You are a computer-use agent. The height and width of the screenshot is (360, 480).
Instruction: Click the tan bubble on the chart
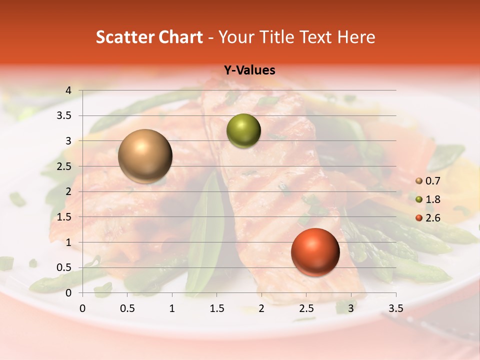click(145, 156)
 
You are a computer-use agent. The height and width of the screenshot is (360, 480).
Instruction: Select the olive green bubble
click(243, 131)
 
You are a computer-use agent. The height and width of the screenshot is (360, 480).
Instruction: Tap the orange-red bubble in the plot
click(315, 252)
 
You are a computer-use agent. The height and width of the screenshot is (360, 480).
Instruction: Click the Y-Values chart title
click(249, 70)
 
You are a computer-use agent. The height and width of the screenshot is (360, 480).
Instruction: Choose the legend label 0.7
click(433, 181)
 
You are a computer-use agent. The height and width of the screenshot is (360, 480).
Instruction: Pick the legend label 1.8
click(433, 199)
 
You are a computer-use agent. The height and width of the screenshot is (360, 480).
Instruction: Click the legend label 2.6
click(433, 217)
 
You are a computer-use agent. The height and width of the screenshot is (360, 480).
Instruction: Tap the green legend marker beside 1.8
click(419, 199)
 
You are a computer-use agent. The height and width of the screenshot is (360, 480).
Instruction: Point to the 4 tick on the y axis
click(68, 90)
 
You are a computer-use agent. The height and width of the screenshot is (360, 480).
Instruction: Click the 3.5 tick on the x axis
click(396, 308)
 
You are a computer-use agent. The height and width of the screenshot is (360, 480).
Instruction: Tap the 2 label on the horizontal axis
click(261, 308)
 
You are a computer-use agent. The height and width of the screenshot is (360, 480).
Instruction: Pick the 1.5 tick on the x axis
click(216, 308)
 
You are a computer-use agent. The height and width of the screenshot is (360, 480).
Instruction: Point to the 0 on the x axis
click(83, 308)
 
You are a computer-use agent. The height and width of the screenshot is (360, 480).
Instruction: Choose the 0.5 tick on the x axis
click(127, 308)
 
